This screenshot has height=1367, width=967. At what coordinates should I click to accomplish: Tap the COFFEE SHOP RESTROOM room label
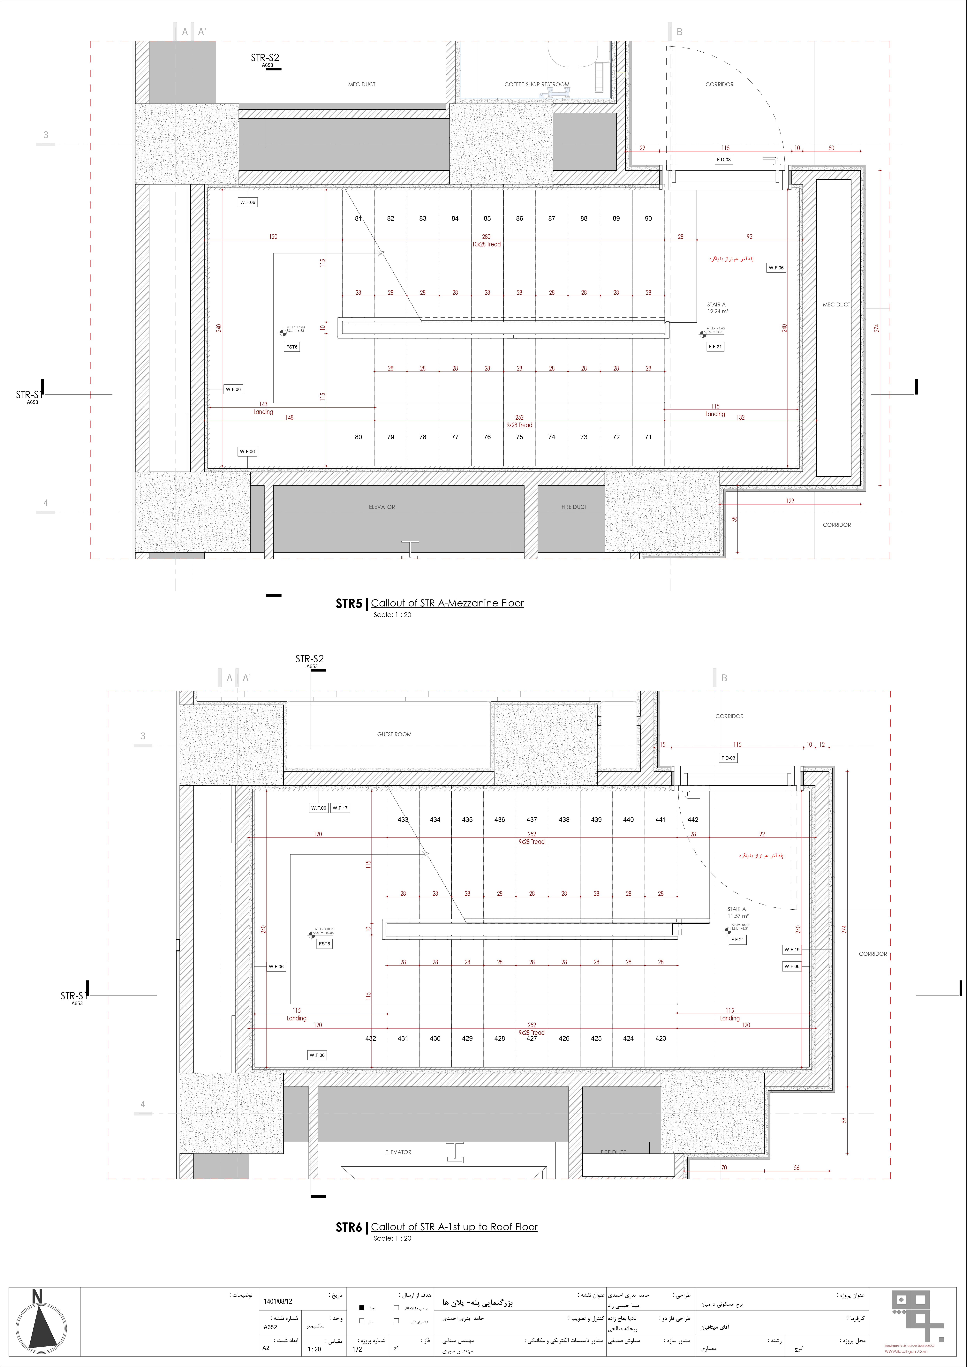pos(536,85)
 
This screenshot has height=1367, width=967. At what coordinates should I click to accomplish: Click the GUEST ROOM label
pos(394,734)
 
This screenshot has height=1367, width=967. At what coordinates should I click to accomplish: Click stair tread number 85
pos(487,219)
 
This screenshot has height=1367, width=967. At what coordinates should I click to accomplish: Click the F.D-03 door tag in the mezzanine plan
pos(723,160)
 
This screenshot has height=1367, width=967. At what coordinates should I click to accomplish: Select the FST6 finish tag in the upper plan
pos(292,347)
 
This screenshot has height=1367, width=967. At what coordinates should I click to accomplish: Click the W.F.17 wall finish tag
pos(340,808)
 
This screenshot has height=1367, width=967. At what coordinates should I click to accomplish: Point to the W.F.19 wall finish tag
pos(791,950)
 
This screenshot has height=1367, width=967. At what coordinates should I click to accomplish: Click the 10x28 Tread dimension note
pos(487,244)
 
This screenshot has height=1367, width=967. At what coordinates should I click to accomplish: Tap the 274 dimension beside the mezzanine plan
pos(876,327)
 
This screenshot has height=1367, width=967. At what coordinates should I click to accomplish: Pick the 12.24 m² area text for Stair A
pos(718,311)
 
